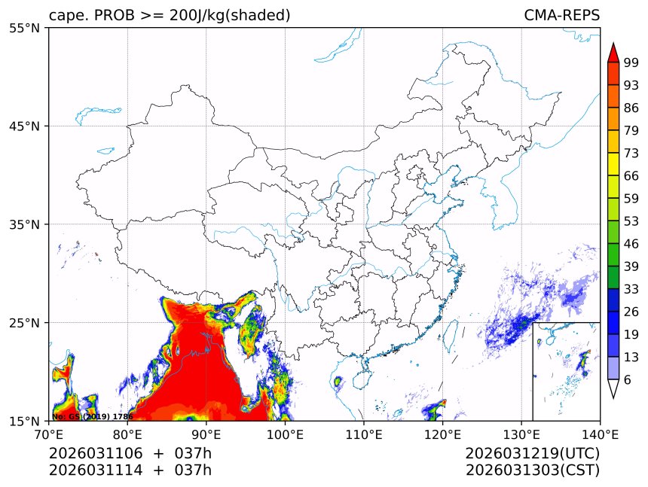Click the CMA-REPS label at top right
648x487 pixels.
coord(561,16)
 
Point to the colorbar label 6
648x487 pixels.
coord(628,380)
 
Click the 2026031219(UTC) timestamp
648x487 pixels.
coord(532,454)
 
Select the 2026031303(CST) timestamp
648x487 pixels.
coord(532,470)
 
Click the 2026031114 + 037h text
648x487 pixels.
coord(130,470)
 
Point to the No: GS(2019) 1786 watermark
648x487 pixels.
coord(92,416)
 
